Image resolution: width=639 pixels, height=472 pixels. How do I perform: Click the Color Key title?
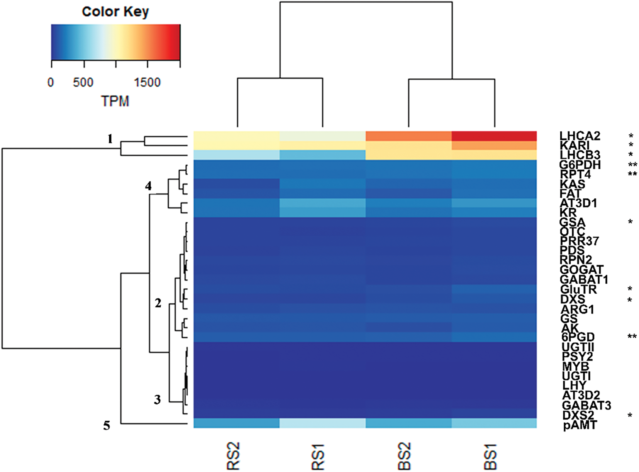click(115, 12)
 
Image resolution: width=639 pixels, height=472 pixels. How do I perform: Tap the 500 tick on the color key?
click(83, 82)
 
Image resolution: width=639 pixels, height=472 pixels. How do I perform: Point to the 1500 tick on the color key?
click(147, 82)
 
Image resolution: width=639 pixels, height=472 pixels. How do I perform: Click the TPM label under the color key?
click(115, 101)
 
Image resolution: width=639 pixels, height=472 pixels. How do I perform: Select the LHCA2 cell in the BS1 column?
click(494, 136)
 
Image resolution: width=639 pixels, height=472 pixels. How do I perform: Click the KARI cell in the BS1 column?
click(494, 145)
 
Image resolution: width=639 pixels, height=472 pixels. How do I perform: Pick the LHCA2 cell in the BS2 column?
click(408, 136)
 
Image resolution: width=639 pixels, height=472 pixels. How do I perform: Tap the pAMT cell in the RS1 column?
click(322, 423)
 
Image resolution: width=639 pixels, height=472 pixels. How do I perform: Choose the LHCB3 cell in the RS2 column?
click(236, 155)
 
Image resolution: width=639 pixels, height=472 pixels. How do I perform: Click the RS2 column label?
click(233, 456)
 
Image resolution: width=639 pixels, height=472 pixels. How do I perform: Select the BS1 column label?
click(490, 456)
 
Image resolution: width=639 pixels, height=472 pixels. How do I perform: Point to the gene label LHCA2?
click(580, 136)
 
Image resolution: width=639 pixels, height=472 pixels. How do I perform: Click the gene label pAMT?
click(580, 425)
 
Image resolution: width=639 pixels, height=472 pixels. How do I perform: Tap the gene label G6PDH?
click(580, 165)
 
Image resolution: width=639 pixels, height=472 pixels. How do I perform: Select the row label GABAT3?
click(586, 405)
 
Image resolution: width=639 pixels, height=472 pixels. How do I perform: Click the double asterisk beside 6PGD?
click(632, 337)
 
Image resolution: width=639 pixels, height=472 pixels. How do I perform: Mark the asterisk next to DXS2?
click(630, 416)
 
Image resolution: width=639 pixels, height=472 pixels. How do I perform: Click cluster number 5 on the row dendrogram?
click(107, 425)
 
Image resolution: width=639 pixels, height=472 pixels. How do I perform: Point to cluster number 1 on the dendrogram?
click(110, 139)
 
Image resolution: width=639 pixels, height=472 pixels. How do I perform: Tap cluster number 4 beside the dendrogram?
click(148, 186)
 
